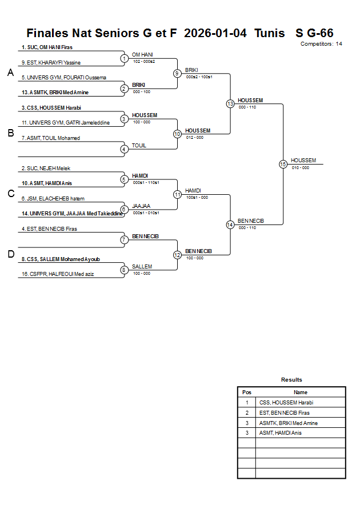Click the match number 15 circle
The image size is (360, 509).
[283, 164]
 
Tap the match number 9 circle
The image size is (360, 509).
[177, 73]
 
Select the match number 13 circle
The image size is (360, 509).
[230, 104]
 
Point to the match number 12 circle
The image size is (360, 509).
[177, 255]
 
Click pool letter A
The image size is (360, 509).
[10, 73]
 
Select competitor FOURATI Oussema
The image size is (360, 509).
[64, 77]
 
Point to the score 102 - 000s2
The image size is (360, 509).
[144, 61]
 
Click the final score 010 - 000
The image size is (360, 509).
[300, 167]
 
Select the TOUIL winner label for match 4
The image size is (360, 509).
[139, 146]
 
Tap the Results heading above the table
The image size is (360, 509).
[291, 380]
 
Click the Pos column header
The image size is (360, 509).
[247, 392]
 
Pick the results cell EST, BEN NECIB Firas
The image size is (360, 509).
[285, 413]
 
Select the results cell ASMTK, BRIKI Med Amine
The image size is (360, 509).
[289, 423]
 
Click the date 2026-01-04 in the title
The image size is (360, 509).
[215, 33]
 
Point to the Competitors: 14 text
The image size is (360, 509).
[321, 44]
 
